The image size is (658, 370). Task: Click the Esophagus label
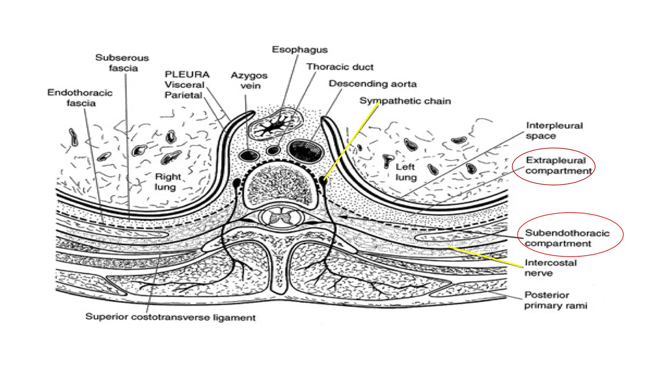(299, 50)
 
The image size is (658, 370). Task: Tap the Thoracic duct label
(340, 67)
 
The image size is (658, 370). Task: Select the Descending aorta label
(372, 84)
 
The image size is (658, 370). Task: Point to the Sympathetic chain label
(405, 101)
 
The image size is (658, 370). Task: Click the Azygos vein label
(249, 80)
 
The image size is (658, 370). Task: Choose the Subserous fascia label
(122, 63)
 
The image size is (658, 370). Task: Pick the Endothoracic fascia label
(80, 98)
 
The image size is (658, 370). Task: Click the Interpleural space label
(554, 130)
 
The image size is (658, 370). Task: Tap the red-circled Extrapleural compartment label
(558, 165)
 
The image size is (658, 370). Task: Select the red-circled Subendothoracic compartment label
(567, 238)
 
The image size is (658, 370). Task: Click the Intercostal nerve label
(550, 268)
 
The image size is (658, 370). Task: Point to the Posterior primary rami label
(556, 300)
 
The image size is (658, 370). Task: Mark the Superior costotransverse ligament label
(170, 317)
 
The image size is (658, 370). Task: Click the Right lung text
(167, 182)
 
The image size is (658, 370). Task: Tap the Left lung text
(405, 172)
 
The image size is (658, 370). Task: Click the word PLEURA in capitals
(187, 75)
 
